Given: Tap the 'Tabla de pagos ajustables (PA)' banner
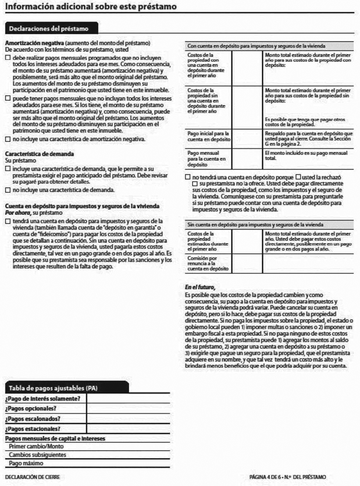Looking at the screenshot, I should (53, 388).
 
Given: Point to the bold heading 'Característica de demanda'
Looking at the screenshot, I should (39, 154).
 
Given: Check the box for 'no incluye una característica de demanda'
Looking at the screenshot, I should (7, 190).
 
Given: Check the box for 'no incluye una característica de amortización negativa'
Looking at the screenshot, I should (7, 140).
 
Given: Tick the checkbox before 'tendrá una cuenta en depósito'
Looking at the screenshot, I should (7, 221).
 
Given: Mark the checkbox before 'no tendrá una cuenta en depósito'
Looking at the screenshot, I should (187, 176).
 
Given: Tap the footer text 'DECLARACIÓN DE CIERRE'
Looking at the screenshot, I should (32, 477).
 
